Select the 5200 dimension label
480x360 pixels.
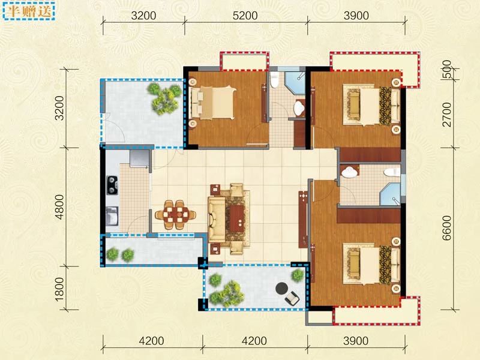click(x=245, y=16)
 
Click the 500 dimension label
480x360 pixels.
click(x=447, y=70)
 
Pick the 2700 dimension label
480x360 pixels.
click(x=447, y=115)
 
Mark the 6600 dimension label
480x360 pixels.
click(x=447, y=228)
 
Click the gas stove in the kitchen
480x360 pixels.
click(x=112, y=185)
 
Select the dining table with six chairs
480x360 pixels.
click(x=175, y=215)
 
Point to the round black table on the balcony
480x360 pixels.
click(x=281, y=288)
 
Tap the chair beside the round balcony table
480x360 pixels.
click(x=292, y=298)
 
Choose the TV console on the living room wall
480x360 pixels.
click(x=303, y=219)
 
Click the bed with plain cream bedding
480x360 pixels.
click(x=213, y=103)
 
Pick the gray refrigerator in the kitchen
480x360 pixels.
click(x=139, y=158)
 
